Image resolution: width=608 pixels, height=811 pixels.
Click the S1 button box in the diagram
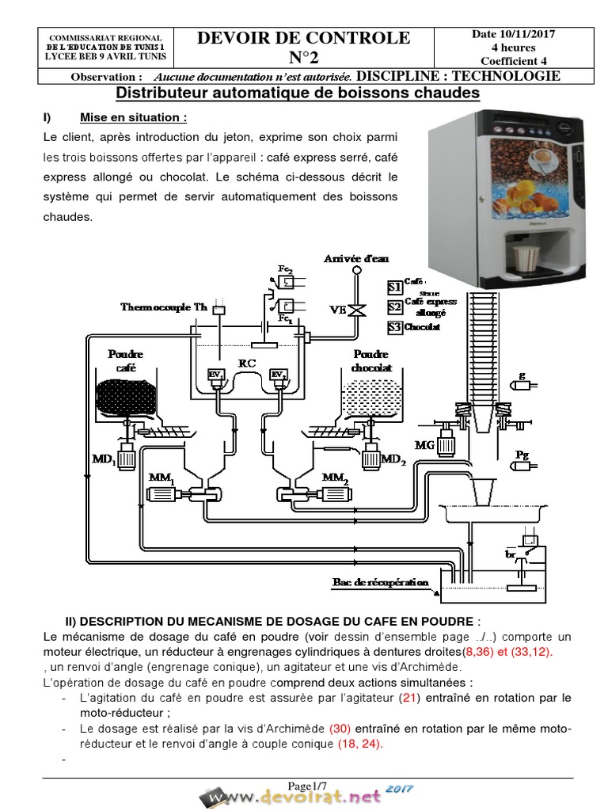(394, 287)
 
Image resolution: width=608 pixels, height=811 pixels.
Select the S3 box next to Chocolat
(394, 326)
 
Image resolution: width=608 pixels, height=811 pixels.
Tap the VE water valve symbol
(358, 310)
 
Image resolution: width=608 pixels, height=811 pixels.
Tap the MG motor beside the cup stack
(446, 444)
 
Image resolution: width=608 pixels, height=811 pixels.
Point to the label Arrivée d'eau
(356, 259)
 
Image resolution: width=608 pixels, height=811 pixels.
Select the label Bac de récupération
(380, 583)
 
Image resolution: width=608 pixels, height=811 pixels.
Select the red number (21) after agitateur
(408, 698)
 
